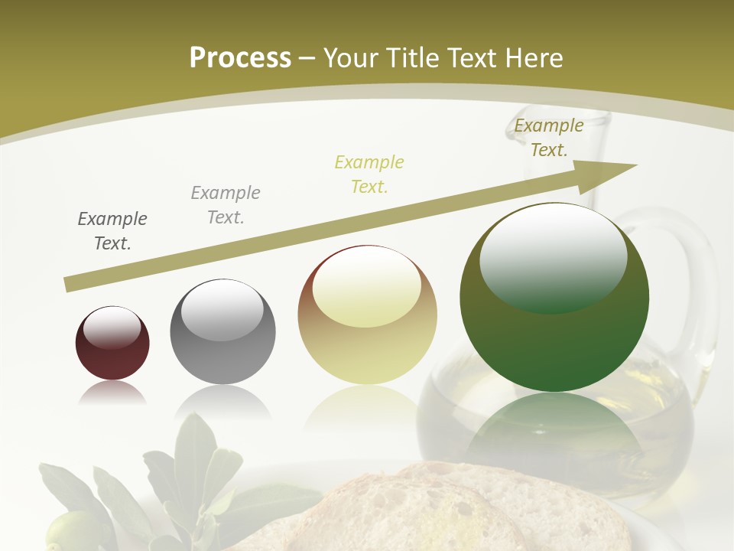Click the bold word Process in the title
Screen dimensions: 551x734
(240, 58)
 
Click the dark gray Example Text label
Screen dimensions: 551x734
(112, 231)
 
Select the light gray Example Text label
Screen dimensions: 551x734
(226, 205)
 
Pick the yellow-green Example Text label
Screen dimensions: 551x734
(369, 174)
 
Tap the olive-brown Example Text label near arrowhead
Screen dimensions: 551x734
(549, 138)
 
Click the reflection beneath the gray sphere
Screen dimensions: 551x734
(222, 401)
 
